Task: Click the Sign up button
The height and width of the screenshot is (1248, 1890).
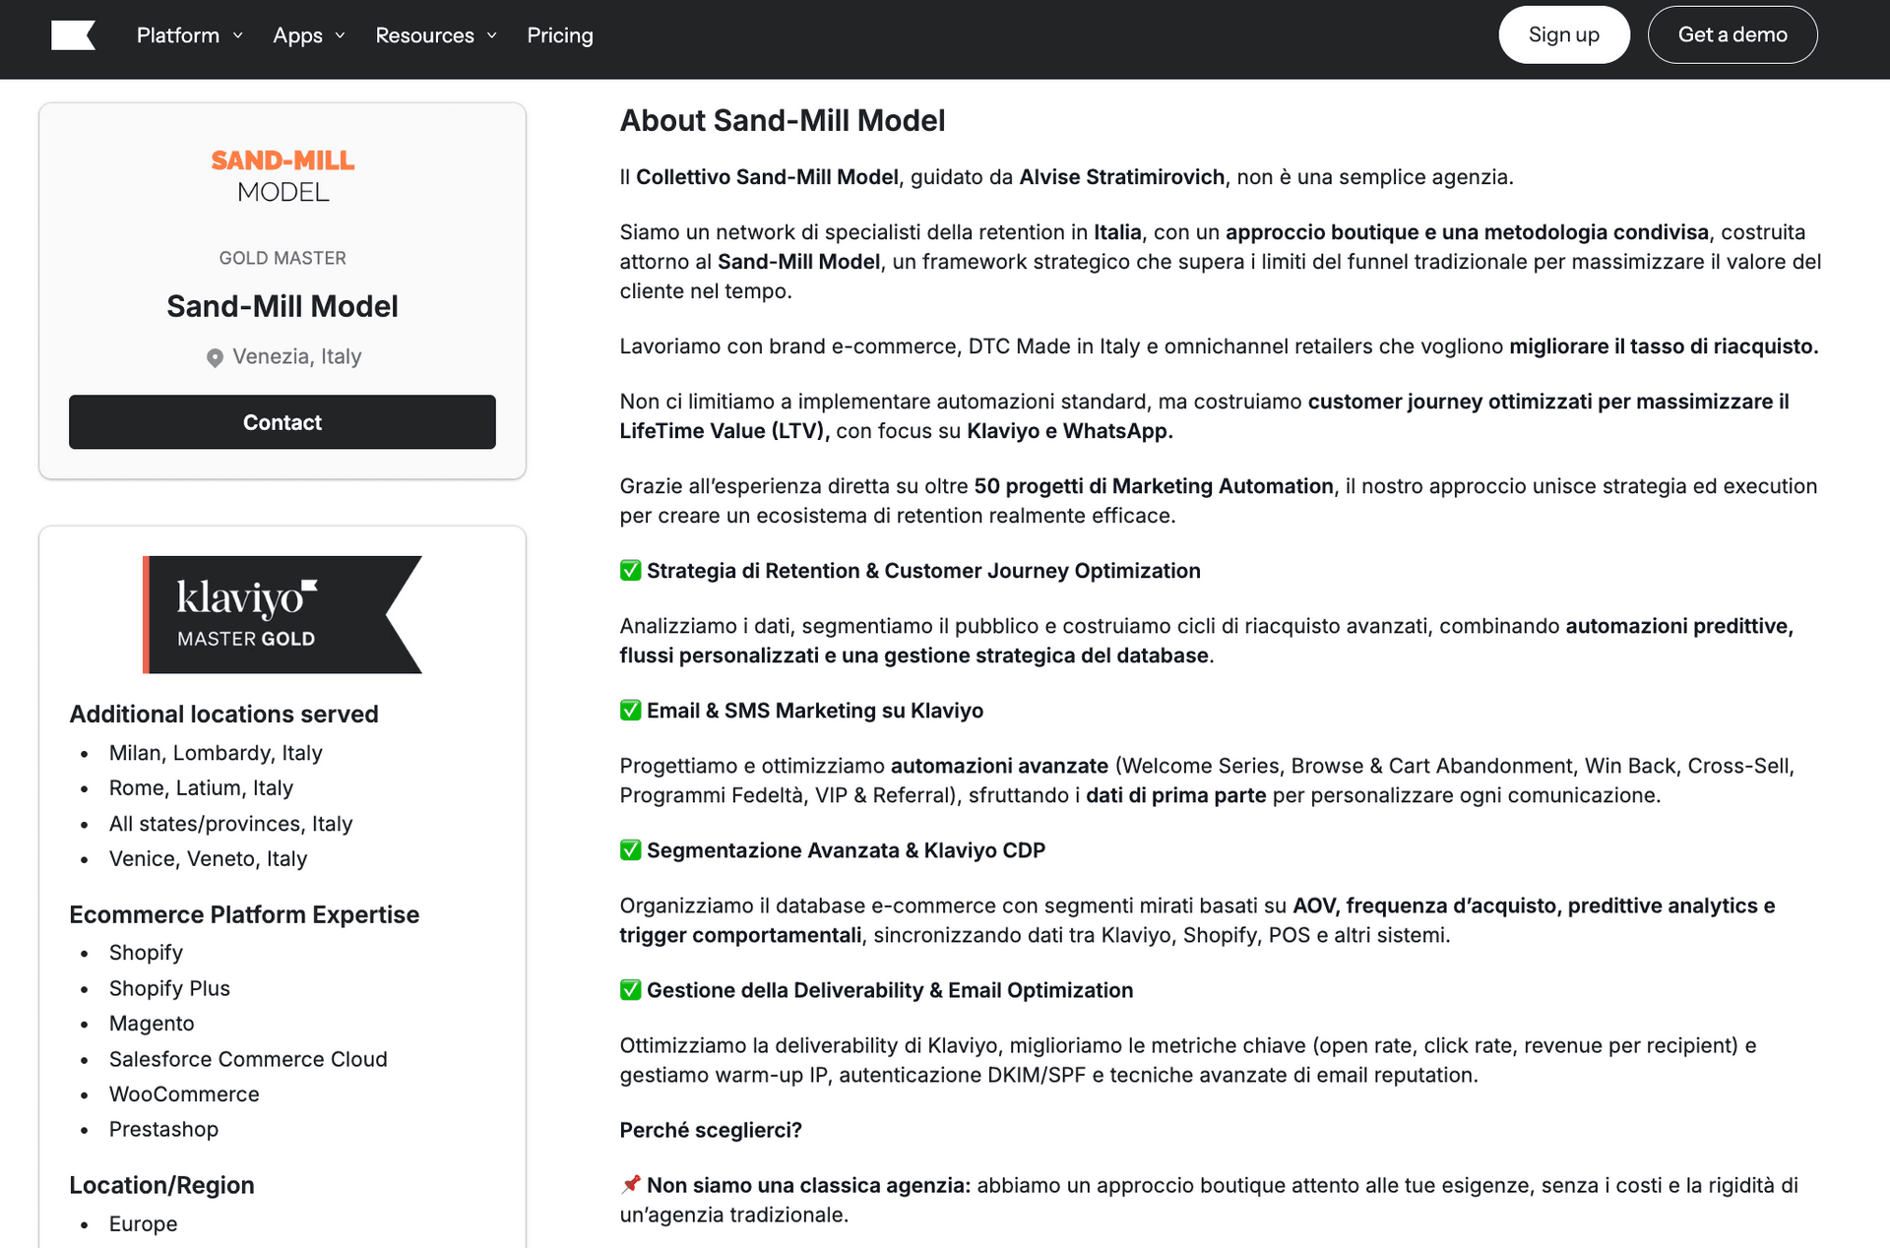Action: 1563,35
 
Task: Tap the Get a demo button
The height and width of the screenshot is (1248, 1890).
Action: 1732,35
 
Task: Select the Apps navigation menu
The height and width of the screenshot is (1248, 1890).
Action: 308,35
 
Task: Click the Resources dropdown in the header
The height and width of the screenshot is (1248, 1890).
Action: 435,35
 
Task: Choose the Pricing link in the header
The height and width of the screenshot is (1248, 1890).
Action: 559,35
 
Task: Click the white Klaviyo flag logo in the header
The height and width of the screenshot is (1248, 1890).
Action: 73,35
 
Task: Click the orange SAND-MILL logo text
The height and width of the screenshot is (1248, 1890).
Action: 283,160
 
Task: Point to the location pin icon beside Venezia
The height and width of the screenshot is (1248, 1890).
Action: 215,357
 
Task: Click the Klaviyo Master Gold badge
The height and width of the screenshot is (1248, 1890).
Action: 283,614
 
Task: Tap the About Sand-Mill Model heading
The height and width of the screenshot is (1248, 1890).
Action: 782,120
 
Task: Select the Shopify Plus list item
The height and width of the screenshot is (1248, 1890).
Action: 169,988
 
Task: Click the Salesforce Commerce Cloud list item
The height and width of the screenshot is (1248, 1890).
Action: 248,1059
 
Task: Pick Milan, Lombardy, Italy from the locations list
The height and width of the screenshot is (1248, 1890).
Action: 216,753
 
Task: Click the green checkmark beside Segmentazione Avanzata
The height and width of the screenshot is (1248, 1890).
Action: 630,850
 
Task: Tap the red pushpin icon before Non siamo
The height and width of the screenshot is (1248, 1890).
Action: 631,1184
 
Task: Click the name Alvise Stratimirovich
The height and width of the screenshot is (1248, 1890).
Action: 1121,177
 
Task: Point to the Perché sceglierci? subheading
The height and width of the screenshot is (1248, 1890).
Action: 710,1130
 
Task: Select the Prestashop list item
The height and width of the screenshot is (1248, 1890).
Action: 163,1129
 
